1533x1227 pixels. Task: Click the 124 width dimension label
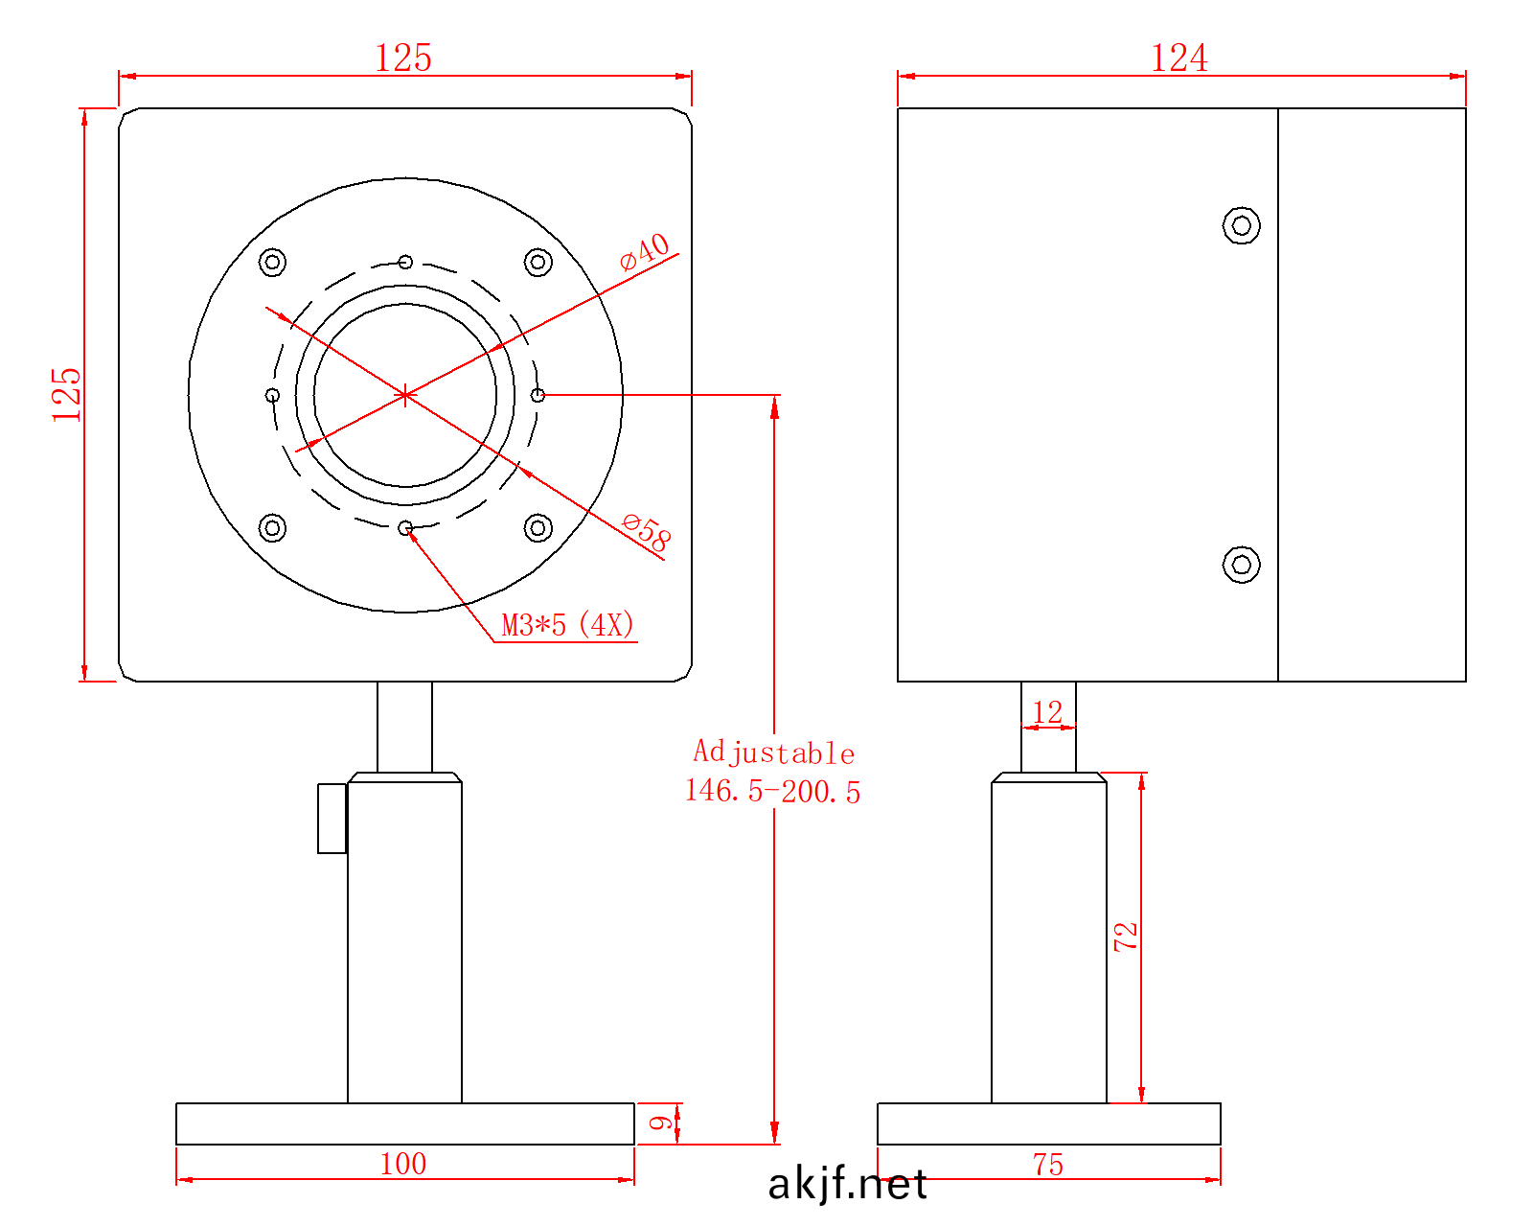click(1179, 58)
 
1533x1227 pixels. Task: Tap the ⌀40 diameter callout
click(645, 252)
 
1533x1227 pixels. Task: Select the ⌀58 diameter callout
click(647, 532)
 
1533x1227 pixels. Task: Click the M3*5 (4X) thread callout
click(568, 625)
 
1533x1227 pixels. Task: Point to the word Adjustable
click(774, 752)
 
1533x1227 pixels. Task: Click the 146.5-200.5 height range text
click(772, 792)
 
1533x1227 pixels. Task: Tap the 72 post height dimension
click(1126, 936)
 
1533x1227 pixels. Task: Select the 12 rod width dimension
click(1048, 711)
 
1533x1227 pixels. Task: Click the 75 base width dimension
click(1048, 1164)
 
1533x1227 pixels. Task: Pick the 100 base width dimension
click(403, 1163)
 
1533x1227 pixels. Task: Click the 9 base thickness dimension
click(660, 1123)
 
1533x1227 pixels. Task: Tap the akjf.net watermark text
click(847, 1186)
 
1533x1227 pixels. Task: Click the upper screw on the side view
click(1242, 225)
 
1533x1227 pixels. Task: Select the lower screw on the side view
click(1242, 565)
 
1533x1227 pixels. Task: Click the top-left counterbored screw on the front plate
click(273, 262)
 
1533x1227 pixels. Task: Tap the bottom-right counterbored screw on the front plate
click(538, 527)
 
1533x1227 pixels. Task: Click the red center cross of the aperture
click(405, 395)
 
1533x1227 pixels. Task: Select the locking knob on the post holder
click(332, 818)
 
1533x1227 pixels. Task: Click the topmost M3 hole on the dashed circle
click(405, 262)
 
